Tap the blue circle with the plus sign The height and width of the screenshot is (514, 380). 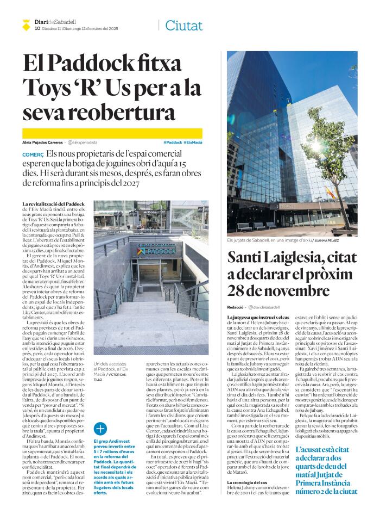100,428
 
